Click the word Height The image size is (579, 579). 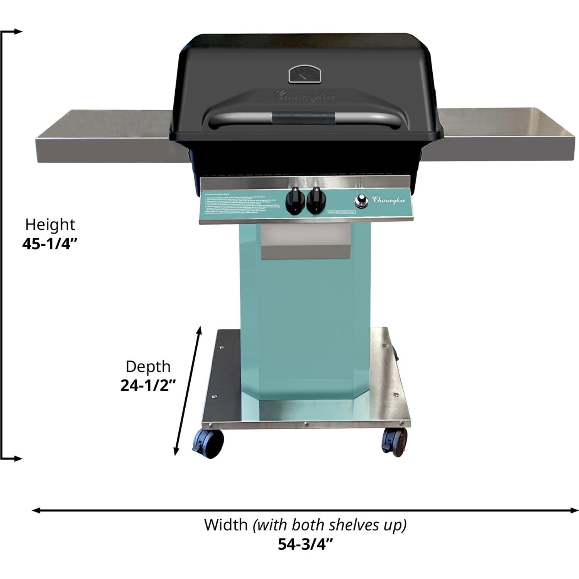[x=50, y=224]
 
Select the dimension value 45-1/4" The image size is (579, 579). [x=50, y=244]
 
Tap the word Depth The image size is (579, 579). [x=148, y=366]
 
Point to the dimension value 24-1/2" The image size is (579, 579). [x=148, y=385]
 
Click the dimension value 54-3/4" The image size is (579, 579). [x=305, y=544]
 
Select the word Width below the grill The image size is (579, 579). [x=226, y=525]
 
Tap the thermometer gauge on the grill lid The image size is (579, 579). [x=305, y=74]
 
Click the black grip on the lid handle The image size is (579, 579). [x=303, y=118]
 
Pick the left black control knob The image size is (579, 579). [x=294, y=200]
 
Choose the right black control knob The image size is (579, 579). [x=316, y=200]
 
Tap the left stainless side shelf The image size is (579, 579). [x=104, y=137]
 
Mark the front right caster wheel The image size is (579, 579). [x=394, y=441]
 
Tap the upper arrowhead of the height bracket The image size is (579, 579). [x=17, y=32]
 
